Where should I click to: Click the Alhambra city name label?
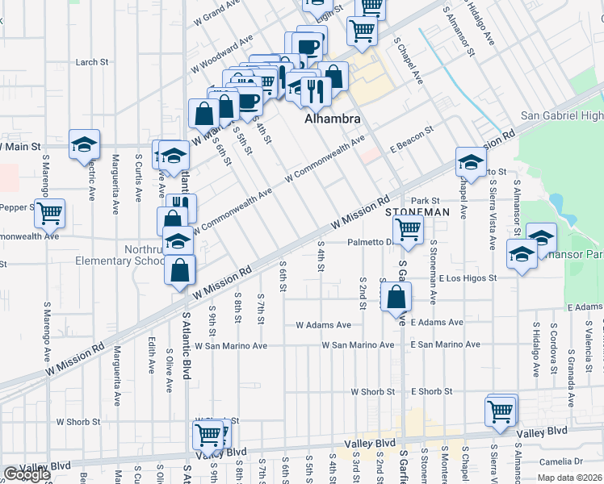click(332, 119)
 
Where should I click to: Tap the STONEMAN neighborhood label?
click(417, 211)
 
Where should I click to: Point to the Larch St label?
click(92, 62)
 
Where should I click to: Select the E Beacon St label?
click(412, 128)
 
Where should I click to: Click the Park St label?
click(424, 200)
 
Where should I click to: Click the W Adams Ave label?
click(324, 325)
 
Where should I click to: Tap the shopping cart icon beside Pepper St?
click(50, 214)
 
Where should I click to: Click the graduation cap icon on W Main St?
click(84, 144)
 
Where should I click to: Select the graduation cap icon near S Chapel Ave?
click(470, 162)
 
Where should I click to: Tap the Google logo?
click(27, 474)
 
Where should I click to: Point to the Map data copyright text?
click(569, 478)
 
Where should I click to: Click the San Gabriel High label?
click(561, 116)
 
